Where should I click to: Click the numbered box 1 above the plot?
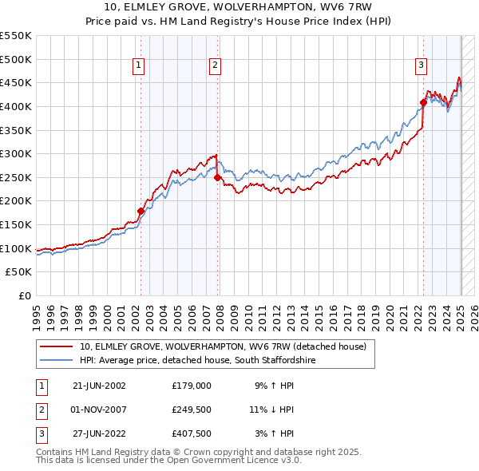(139, 66)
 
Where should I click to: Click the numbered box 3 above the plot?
(421, 66)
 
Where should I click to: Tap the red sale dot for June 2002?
(141, 212)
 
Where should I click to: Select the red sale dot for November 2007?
(217, 178)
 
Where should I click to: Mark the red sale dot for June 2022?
(423, 102)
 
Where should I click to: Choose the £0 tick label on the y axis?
(24, 296)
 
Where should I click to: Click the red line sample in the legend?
(57, 347)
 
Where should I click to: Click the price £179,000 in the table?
(192, 386)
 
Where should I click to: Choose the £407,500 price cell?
(192, 435)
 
